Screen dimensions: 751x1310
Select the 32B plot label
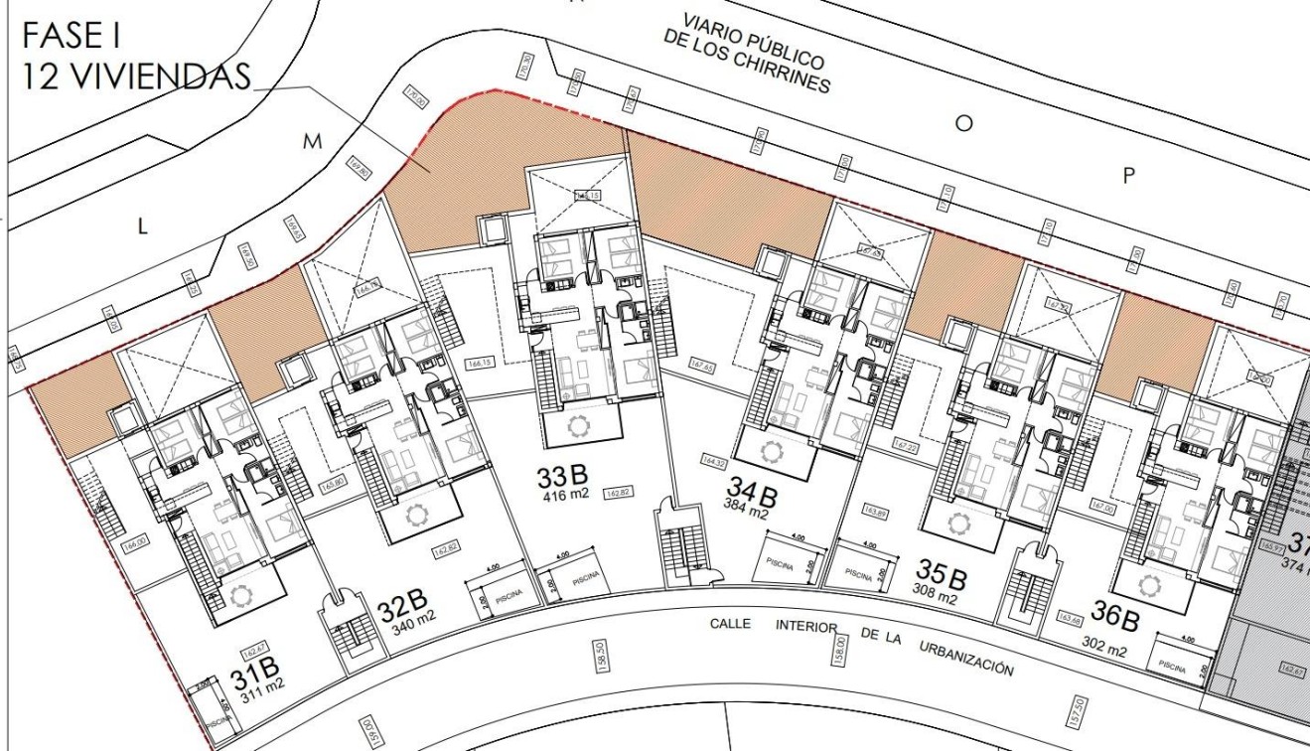[x=403, y=605]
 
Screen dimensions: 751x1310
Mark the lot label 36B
[x=1115, y=619]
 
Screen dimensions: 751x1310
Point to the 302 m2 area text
[x=1103, y=652]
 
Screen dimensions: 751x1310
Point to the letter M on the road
[x=314, y=143]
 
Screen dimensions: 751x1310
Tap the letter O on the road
[x=961, y=123]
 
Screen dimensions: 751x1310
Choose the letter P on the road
[x=1127, y=176]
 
